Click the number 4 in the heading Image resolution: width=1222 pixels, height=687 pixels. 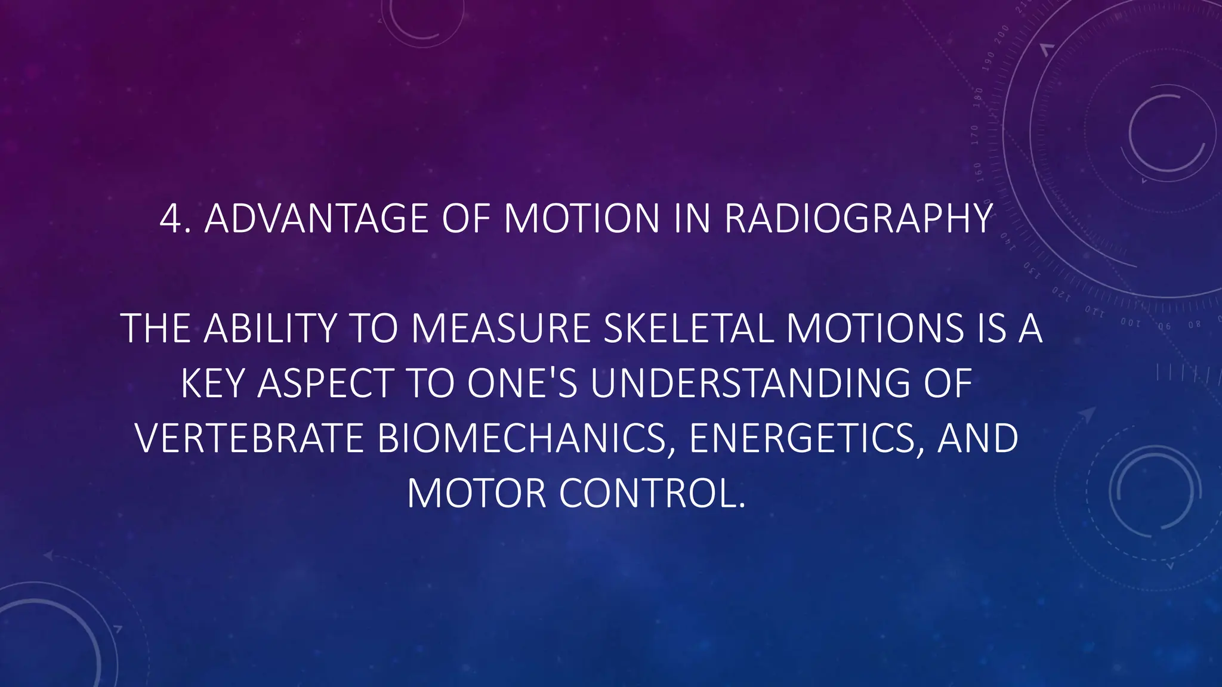click(171, 219)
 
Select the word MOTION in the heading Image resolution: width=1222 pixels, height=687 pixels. click(582, 219)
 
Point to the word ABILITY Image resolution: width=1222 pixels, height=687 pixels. click(271, 329)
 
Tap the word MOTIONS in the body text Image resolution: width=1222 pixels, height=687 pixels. click(875, 329)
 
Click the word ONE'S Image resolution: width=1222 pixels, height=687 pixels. click(522, 383)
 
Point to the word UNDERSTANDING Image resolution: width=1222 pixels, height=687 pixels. click(751, 383)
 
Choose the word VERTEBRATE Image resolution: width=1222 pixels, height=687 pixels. click(249, 438)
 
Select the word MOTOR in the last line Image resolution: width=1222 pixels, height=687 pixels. click(476, 494)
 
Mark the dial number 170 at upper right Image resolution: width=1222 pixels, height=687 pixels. click(974, 135)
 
